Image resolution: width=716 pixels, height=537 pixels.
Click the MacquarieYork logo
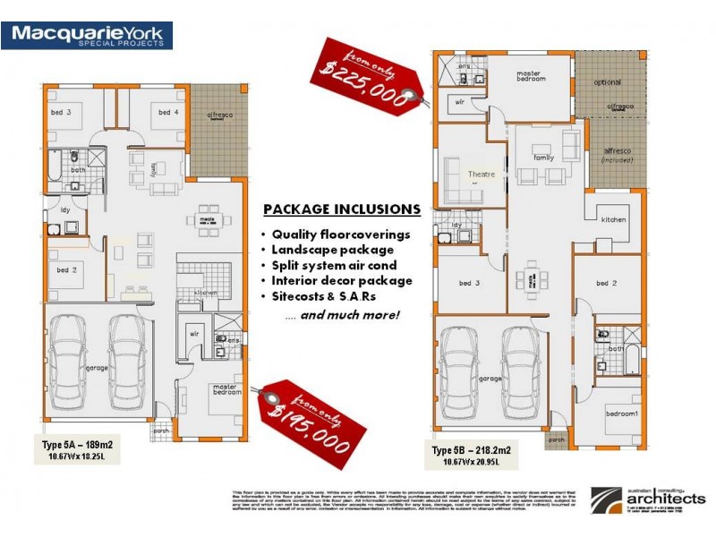click(87, 36)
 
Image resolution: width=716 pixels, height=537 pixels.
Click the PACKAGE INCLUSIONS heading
click(341, 209)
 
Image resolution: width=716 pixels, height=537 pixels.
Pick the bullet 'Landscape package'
click(333, 249)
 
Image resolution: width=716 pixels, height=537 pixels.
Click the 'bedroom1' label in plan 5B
click(622, 414)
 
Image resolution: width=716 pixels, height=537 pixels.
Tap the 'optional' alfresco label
click(607, 82)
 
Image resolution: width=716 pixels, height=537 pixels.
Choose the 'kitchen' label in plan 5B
click(613, 219)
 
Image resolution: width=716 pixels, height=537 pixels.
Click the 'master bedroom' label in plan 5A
click(226, 391)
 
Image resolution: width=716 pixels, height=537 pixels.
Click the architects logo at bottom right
click(648, 498)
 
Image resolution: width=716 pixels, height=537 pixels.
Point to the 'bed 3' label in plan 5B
click(470, 283)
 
